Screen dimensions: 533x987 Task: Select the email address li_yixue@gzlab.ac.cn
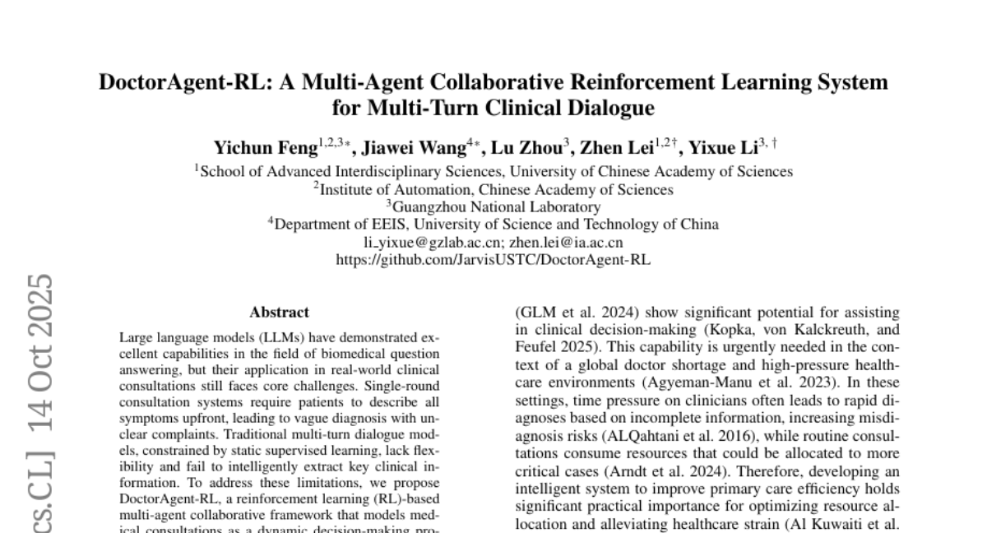(x=433, y=242)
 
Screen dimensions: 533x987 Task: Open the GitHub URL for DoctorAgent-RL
(x=493, y=259)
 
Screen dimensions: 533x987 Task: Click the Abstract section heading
(x=280, y=312)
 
